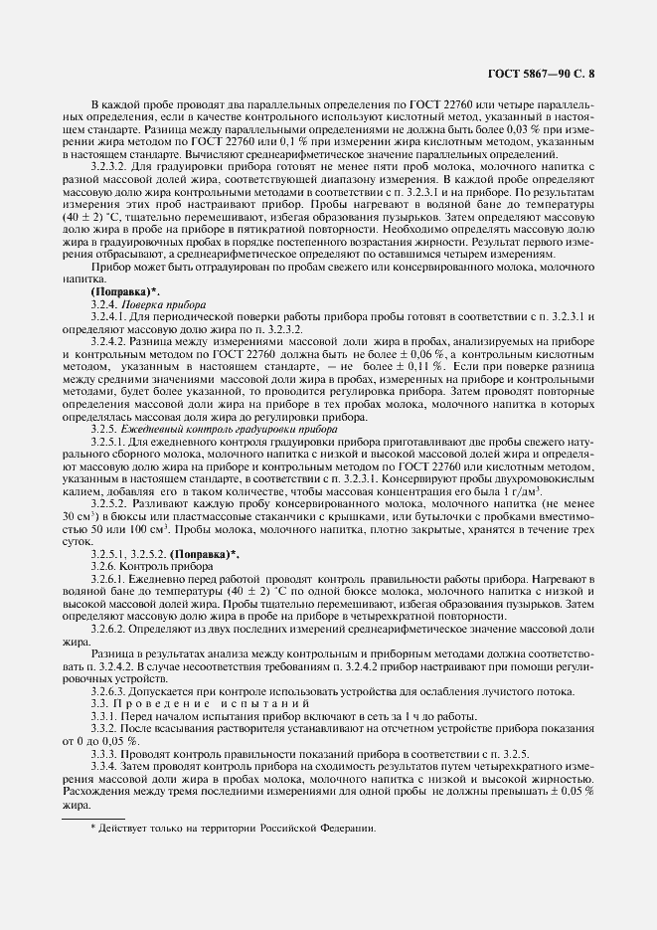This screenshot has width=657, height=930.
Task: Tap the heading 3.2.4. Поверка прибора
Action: [x=148, y=303]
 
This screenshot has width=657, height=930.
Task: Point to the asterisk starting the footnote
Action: [x=92, y=827]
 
